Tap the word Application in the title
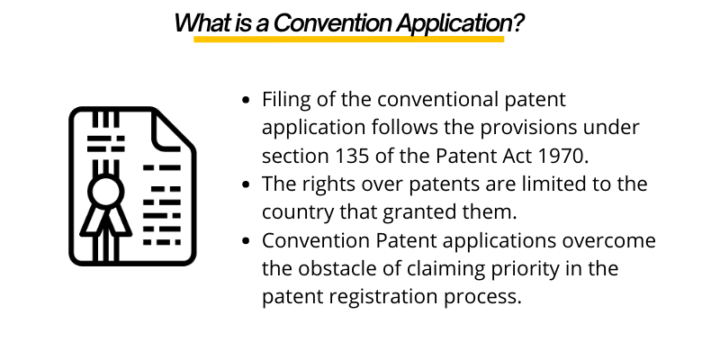(452, 22)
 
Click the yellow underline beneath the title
(348, 40)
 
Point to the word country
(294, 211)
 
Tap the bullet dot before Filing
(247, 100)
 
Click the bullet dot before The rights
(247, 184)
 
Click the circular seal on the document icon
(105, 191)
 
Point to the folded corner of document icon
(174, 130)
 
